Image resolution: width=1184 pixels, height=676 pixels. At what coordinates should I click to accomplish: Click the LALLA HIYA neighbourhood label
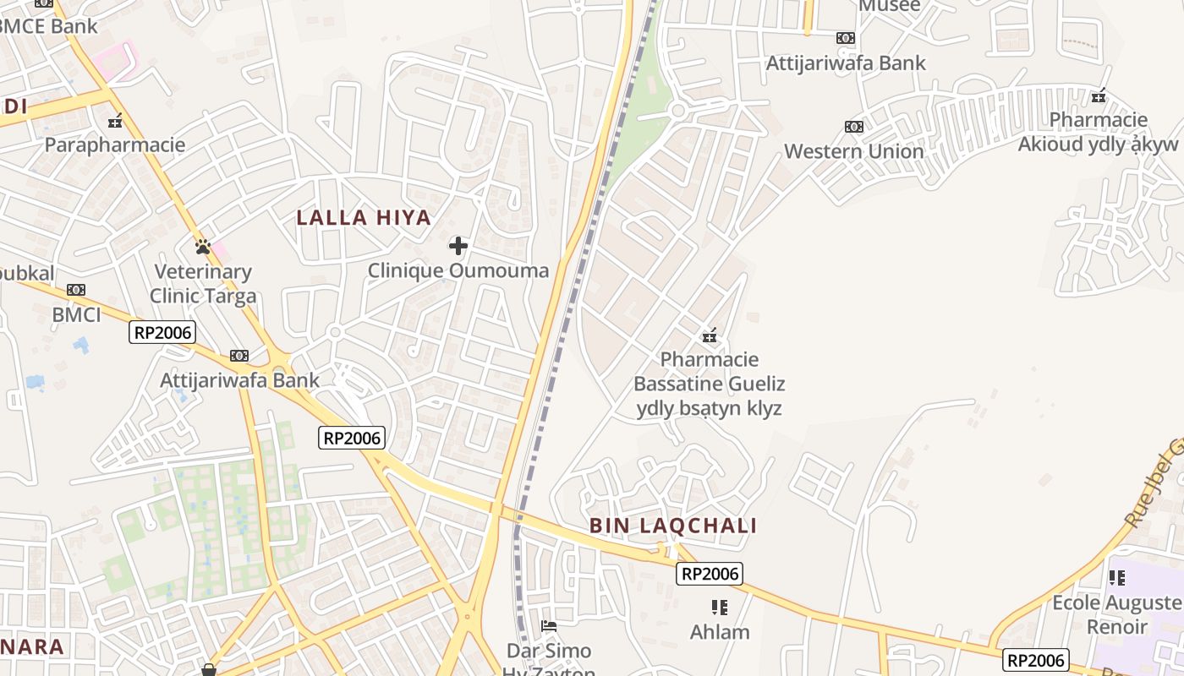364,218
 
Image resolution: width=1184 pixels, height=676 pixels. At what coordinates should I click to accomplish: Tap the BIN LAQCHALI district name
673,526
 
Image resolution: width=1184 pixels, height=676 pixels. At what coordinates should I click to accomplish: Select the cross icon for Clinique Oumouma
458,246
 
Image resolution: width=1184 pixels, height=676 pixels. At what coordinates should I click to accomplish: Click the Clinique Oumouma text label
458,270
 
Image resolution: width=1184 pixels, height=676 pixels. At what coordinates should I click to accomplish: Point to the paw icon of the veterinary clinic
203,247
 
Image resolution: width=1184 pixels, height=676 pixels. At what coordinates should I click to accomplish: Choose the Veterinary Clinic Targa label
203,284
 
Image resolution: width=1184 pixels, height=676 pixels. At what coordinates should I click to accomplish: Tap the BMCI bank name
76,315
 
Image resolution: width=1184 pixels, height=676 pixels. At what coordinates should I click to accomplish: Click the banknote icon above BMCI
76,290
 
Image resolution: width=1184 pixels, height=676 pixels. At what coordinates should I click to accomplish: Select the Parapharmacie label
115,144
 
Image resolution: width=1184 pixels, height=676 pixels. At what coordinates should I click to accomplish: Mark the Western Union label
854,151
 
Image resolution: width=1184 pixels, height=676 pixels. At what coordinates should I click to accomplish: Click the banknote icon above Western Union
854,127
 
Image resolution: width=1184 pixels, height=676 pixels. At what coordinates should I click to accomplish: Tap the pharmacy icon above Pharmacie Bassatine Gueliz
710,335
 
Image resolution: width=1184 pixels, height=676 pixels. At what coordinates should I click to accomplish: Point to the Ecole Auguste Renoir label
1117,614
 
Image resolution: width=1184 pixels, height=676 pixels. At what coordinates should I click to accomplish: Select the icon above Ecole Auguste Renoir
1117,578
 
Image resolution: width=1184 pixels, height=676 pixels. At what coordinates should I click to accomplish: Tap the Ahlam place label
720,632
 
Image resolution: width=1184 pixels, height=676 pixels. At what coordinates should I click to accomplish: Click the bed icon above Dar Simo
549,626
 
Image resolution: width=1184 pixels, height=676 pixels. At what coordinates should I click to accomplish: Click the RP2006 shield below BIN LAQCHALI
710,574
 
